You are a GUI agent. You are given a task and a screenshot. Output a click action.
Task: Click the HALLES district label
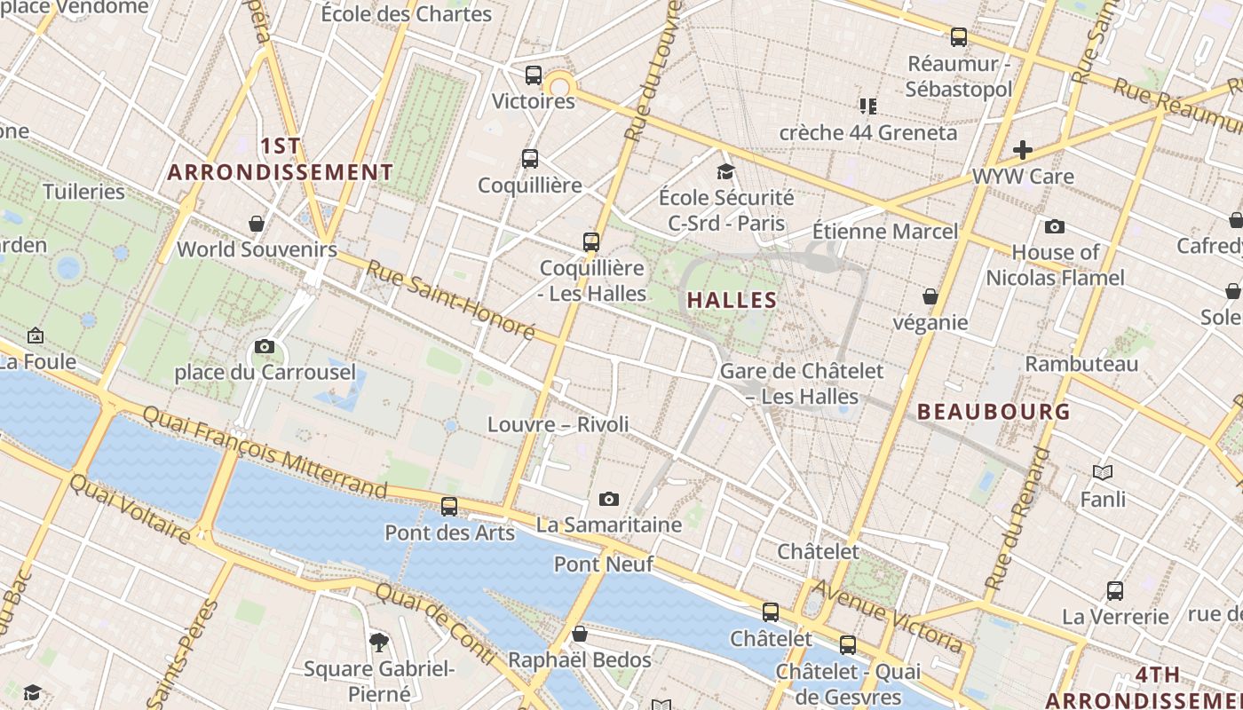(732, 300)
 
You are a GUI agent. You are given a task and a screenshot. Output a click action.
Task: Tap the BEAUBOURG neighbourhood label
(994, 412)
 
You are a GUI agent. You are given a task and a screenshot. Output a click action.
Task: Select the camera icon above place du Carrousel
(264, 347)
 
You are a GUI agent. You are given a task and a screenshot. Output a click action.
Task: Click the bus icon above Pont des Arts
(449, 507)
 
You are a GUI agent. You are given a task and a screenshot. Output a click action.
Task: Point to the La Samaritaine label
(609, 525)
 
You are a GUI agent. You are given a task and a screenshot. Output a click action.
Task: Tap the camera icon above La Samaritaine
(608, 500)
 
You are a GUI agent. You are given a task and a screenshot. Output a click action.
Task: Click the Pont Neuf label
(604, 564)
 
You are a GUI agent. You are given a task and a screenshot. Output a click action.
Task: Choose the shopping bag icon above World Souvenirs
(257, 224)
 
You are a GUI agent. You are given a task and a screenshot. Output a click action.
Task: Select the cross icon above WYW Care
(1023, 150)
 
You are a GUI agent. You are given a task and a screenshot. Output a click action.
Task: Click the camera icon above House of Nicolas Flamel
(1055, 227)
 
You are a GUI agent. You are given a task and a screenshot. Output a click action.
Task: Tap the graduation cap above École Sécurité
(726, 171)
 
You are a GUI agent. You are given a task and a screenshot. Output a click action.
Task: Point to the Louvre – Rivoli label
(558, 424)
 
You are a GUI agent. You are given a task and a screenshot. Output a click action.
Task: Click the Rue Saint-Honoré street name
(450, 300)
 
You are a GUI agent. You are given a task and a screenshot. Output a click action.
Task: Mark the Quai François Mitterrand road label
(265, 452)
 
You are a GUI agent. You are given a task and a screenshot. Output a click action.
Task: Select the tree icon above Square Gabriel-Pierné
(379, 642)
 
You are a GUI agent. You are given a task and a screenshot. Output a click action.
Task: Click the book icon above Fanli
(1103, 473)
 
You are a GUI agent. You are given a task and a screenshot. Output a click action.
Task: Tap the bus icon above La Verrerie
(1115, 591)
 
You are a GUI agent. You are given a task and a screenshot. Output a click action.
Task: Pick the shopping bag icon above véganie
(930, 296)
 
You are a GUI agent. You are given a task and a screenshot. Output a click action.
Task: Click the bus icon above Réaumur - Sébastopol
(959, 37)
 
